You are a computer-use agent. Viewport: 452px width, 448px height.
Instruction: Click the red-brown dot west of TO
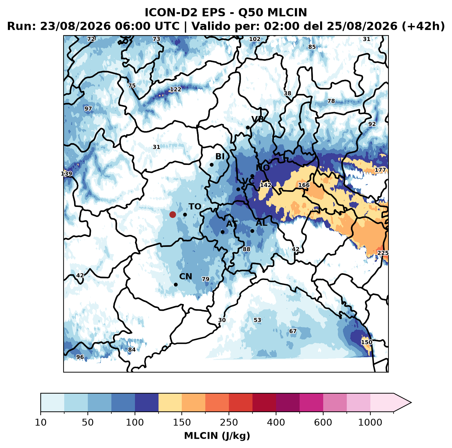173,214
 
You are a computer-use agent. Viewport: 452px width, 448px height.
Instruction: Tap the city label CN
186,277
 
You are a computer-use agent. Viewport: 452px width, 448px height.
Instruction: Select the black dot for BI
211,165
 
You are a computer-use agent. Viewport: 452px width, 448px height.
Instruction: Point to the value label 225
383,253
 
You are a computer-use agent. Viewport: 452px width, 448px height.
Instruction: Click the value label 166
304,185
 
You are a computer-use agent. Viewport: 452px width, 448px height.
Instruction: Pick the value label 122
176,89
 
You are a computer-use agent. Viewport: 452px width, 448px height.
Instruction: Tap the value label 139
66,174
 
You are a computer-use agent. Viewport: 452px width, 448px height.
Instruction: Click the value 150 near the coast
366,342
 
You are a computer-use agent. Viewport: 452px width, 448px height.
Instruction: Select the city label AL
262,223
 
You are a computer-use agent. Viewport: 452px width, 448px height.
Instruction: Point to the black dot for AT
222,232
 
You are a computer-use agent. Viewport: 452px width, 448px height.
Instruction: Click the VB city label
258,119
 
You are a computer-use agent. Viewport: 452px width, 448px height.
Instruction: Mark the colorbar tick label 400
276,422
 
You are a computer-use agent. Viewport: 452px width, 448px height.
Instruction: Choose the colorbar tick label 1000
370,422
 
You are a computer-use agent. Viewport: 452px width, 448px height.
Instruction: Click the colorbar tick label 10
41,422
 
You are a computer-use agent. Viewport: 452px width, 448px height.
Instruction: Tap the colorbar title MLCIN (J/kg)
217,436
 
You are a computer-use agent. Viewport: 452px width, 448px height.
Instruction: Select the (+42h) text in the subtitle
423,26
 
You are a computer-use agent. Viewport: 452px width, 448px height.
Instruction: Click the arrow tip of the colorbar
411,403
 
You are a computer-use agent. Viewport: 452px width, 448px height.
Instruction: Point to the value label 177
380,170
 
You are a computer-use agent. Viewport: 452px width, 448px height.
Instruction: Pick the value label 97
88,109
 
